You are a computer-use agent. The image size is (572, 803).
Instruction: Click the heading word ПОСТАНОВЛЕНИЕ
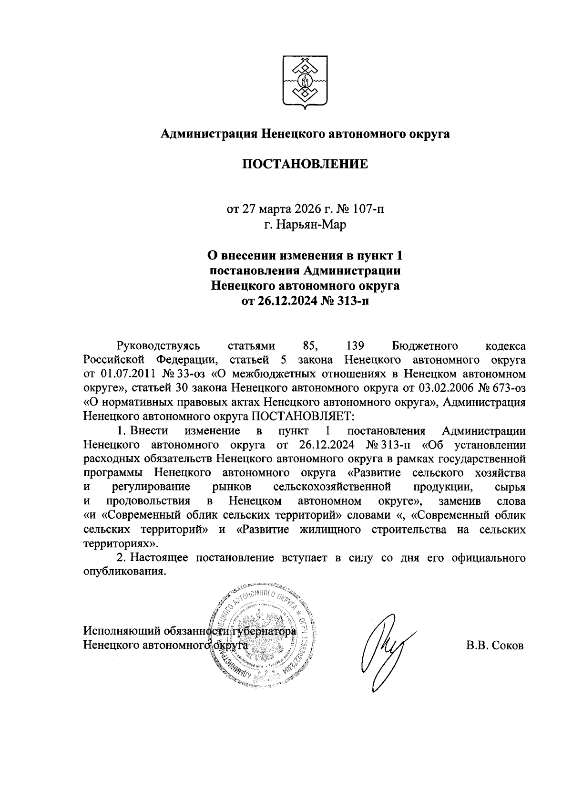click(x=305, y=165)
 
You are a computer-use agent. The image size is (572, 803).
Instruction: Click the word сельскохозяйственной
click(x=333, y=487)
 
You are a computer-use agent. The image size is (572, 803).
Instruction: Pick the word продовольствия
click(x=148, y=501)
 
